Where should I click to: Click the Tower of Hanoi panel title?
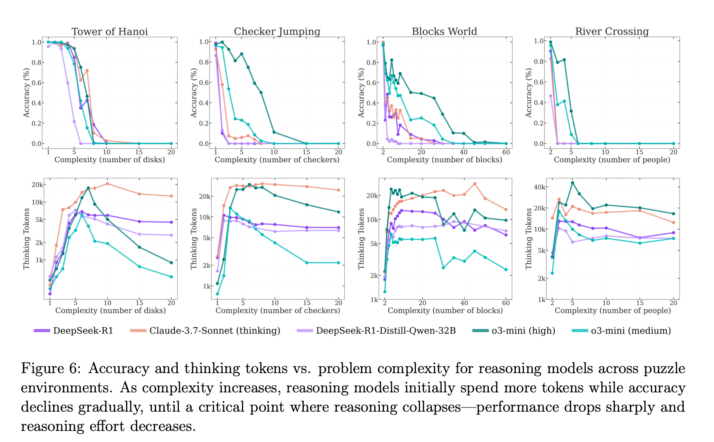110,32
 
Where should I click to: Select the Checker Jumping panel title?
277,32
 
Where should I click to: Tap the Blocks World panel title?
444,32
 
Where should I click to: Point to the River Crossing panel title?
612,32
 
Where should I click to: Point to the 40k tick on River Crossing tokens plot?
540,187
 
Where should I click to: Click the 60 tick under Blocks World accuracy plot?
506,152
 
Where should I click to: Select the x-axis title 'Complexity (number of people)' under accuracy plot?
612,160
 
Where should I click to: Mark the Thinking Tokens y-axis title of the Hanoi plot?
27,239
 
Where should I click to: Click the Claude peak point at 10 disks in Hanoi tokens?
107,184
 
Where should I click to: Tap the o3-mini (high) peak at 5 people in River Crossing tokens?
572,183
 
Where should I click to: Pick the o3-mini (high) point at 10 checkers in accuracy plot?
274,132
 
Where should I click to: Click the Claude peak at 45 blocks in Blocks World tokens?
474,184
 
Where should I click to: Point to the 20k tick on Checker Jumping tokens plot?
205,196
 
